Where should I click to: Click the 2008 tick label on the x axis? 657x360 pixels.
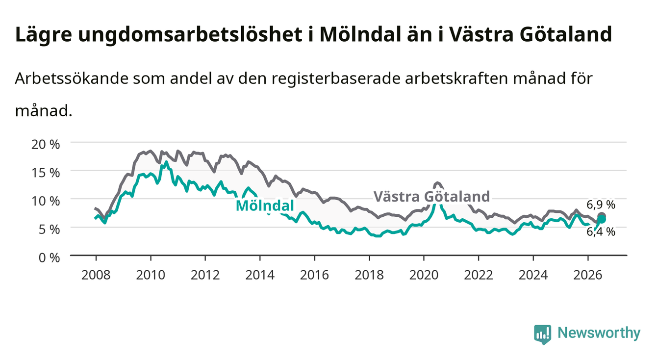click(x=96, y=275)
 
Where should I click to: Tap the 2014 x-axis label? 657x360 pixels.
click(x=259, y=275)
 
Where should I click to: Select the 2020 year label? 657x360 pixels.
click(x=424, y=275)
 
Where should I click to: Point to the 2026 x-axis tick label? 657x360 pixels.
click(x=587, y=275)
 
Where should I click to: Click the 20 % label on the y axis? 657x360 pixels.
click(x=46, y=144)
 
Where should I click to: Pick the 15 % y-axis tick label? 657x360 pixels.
click(x=46, y=173)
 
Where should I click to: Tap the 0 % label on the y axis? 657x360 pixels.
click(x=49, y=257)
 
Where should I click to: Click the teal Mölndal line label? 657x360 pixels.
click(x=265, y=206)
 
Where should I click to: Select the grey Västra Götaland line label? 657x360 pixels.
click(x=431, y=197)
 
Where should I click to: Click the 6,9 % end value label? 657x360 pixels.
click(x=601, y=205)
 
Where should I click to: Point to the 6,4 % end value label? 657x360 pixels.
click(x=601, y=232)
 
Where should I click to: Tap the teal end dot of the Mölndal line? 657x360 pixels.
click(x=602, y=219)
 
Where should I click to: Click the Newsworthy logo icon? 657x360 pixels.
click(x=542, y=334)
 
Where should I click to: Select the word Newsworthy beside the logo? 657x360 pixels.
click(x=599, y=333)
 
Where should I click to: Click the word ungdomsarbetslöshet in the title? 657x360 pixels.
click(x=190, y=35)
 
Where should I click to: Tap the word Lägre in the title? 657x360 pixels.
click(x=44, y=35)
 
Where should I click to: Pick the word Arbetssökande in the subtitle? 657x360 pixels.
click(x=72, y=78)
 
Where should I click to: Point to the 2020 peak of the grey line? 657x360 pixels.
click(x=437, y=183)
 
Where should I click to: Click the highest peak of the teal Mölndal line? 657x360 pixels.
click(x=166, y=162)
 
